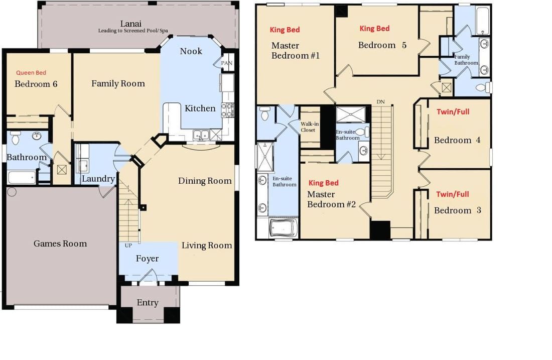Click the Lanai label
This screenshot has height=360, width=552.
tap(130, 24)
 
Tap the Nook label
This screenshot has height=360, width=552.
tap(191, 51)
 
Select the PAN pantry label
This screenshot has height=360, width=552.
tap(227, 63)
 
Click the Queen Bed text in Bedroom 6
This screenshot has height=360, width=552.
tap(31, 73)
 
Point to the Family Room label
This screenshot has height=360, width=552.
tap(118, 84)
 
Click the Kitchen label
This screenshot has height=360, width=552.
tap(200, 108)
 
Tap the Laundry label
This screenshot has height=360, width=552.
tap(98, 179)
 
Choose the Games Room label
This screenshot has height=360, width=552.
tap(60, 244)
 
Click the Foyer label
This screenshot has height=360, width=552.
tap(147, 259)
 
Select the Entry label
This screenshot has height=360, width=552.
tap(148, 302)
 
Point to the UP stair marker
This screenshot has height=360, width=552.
tap(128, 246)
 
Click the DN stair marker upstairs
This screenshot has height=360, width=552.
tap(381, 102)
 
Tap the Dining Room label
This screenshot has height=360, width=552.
tap(205, 181)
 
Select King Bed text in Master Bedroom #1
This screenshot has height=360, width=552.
tap(285, 30)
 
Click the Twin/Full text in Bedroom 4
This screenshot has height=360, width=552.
tap(453, 111)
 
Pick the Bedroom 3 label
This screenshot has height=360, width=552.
tap(457, 210)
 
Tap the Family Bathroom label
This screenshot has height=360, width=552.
tap(466, 60)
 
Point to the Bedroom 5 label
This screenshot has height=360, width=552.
tap(382, 45)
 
